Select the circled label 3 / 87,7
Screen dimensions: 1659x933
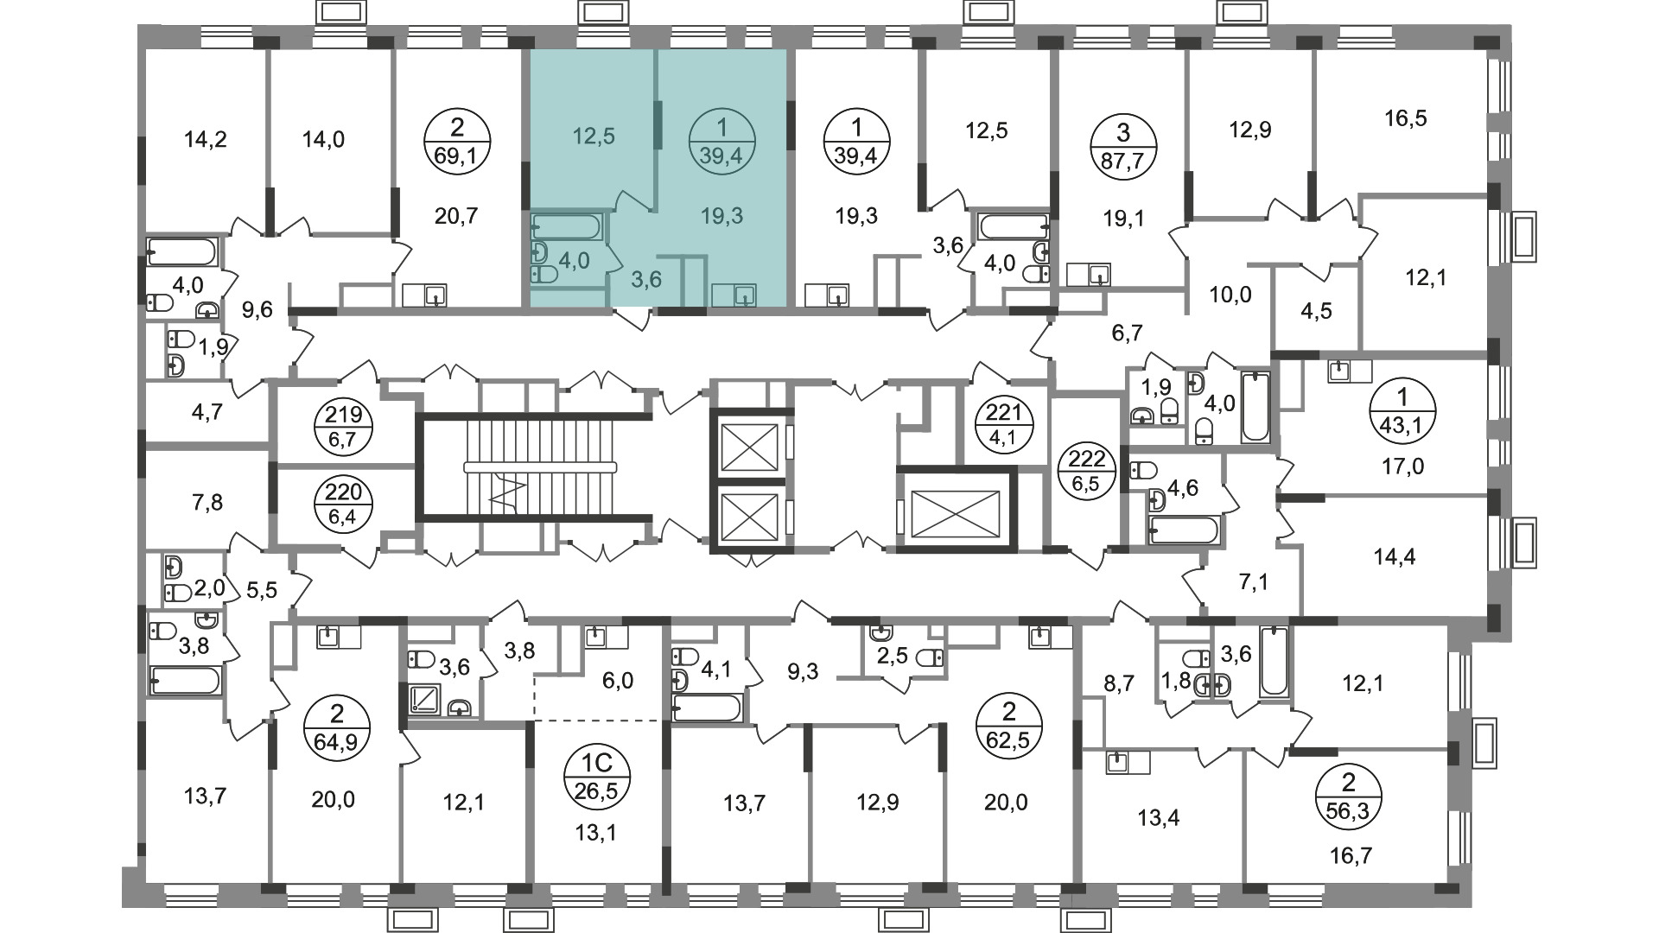pos(1122,146)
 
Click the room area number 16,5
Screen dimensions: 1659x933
pos(1405,118)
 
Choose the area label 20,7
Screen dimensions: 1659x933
pos(456,216)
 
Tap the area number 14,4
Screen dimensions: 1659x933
pos(1395,557)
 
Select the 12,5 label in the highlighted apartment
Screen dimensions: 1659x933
pos(594,136)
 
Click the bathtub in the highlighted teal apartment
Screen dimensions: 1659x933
pos(567,226)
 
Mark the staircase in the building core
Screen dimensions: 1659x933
pos(533,467)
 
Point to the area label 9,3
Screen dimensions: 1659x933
pos(803,671)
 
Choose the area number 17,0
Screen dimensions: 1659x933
pos(1402,467)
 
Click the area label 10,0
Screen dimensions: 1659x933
pos(1230,295)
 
